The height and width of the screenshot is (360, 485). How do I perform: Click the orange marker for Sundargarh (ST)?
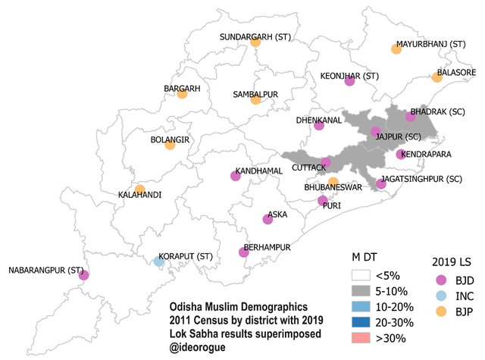[x=255, y=42]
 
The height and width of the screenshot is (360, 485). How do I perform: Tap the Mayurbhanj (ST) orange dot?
[x=396, y=49]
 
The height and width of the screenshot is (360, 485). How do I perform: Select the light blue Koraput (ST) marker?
[x=158, y=261]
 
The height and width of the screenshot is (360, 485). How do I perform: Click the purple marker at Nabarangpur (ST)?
[x=83, y=276]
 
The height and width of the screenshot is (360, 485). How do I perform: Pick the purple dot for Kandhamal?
[x=235, y=177]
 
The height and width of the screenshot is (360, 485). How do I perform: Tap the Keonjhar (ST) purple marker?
[x=349, y=82]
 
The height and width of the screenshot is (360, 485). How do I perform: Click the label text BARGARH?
[x=182, y=89]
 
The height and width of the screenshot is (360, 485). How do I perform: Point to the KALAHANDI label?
[x=139, y=195]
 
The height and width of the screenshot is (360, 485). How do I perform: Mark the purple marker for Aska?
[x=268, y=219]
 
